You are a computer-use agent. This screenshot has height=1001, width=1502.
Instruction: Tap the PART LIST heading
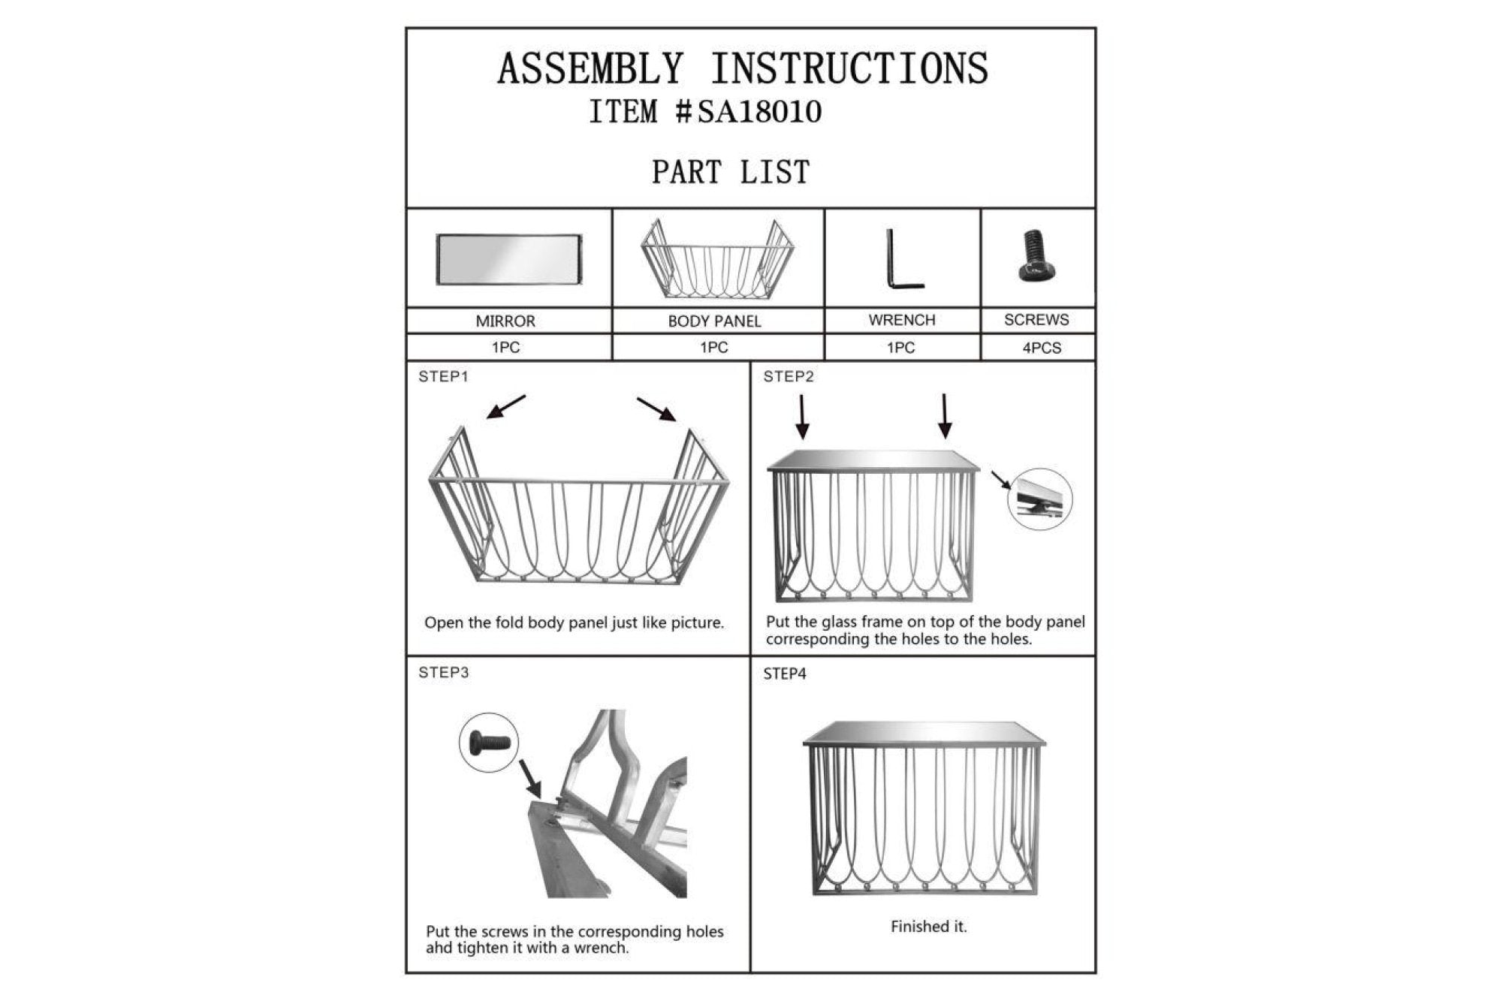pyautogui.click(x=731, y=172)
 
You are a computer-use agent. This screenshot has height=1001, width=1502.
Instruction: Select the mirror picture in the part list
pyautogui.click(x=509, y=260)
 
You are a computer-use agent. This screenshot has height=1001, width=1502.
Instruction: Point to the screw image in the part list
pyautogui.click(x=1036, y=255)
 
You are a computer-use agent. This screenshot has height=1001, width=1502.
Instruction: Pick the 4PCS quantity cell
pyautogui.click(x=1038, y=348)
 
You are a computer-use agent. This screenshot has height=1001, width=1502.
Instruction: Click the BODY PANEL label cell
pyautogui.click(x=718, y=321)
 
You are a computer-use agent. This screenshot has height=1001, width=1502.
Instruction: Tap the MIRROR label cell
pyautogui.click(x=509, y=321)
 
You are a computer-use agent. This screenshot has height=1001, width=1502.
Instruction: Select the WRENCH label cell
pyautogui.click(x=902, y=320)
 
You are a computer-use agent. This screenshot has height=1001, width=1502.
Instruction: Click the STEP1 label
pyautogui.click(x=443, y=376)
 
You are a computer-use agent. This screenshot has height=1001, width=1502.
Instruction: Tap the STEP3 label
pyautogui.click(x=443, y=672)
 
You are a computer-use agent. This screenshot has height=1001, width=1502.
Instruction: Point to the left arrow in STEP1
pyautogui.click(x=506, y=406)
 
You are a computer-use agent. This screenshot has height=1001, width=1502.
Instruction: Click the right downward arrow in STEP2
pyautogui.click(x=945, y=416)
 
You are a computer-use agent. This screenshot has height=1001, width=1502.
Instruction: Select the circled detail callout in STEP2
pyautogui.click(x=1039, y=499)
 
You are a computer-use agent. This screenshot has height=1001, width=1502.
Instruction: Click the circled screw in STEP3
pyautogui.click(x=489, y=743)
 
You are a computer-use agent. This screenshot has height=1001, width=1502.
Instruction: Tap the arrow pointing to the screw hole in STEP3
pyautogui.click(x=530, y=779)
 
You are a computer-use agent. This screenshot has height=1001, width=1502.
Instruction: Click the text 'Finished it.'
pyautogui.click(x=929, y=927)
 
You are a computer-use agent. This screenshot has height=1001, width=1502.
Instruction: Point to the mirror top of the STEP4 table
pyautogui.click(x=924, y=733)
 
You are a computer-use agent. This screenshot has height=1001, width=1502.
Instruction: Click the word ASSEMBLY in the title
pyautogui.click(x=590, y=68)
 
